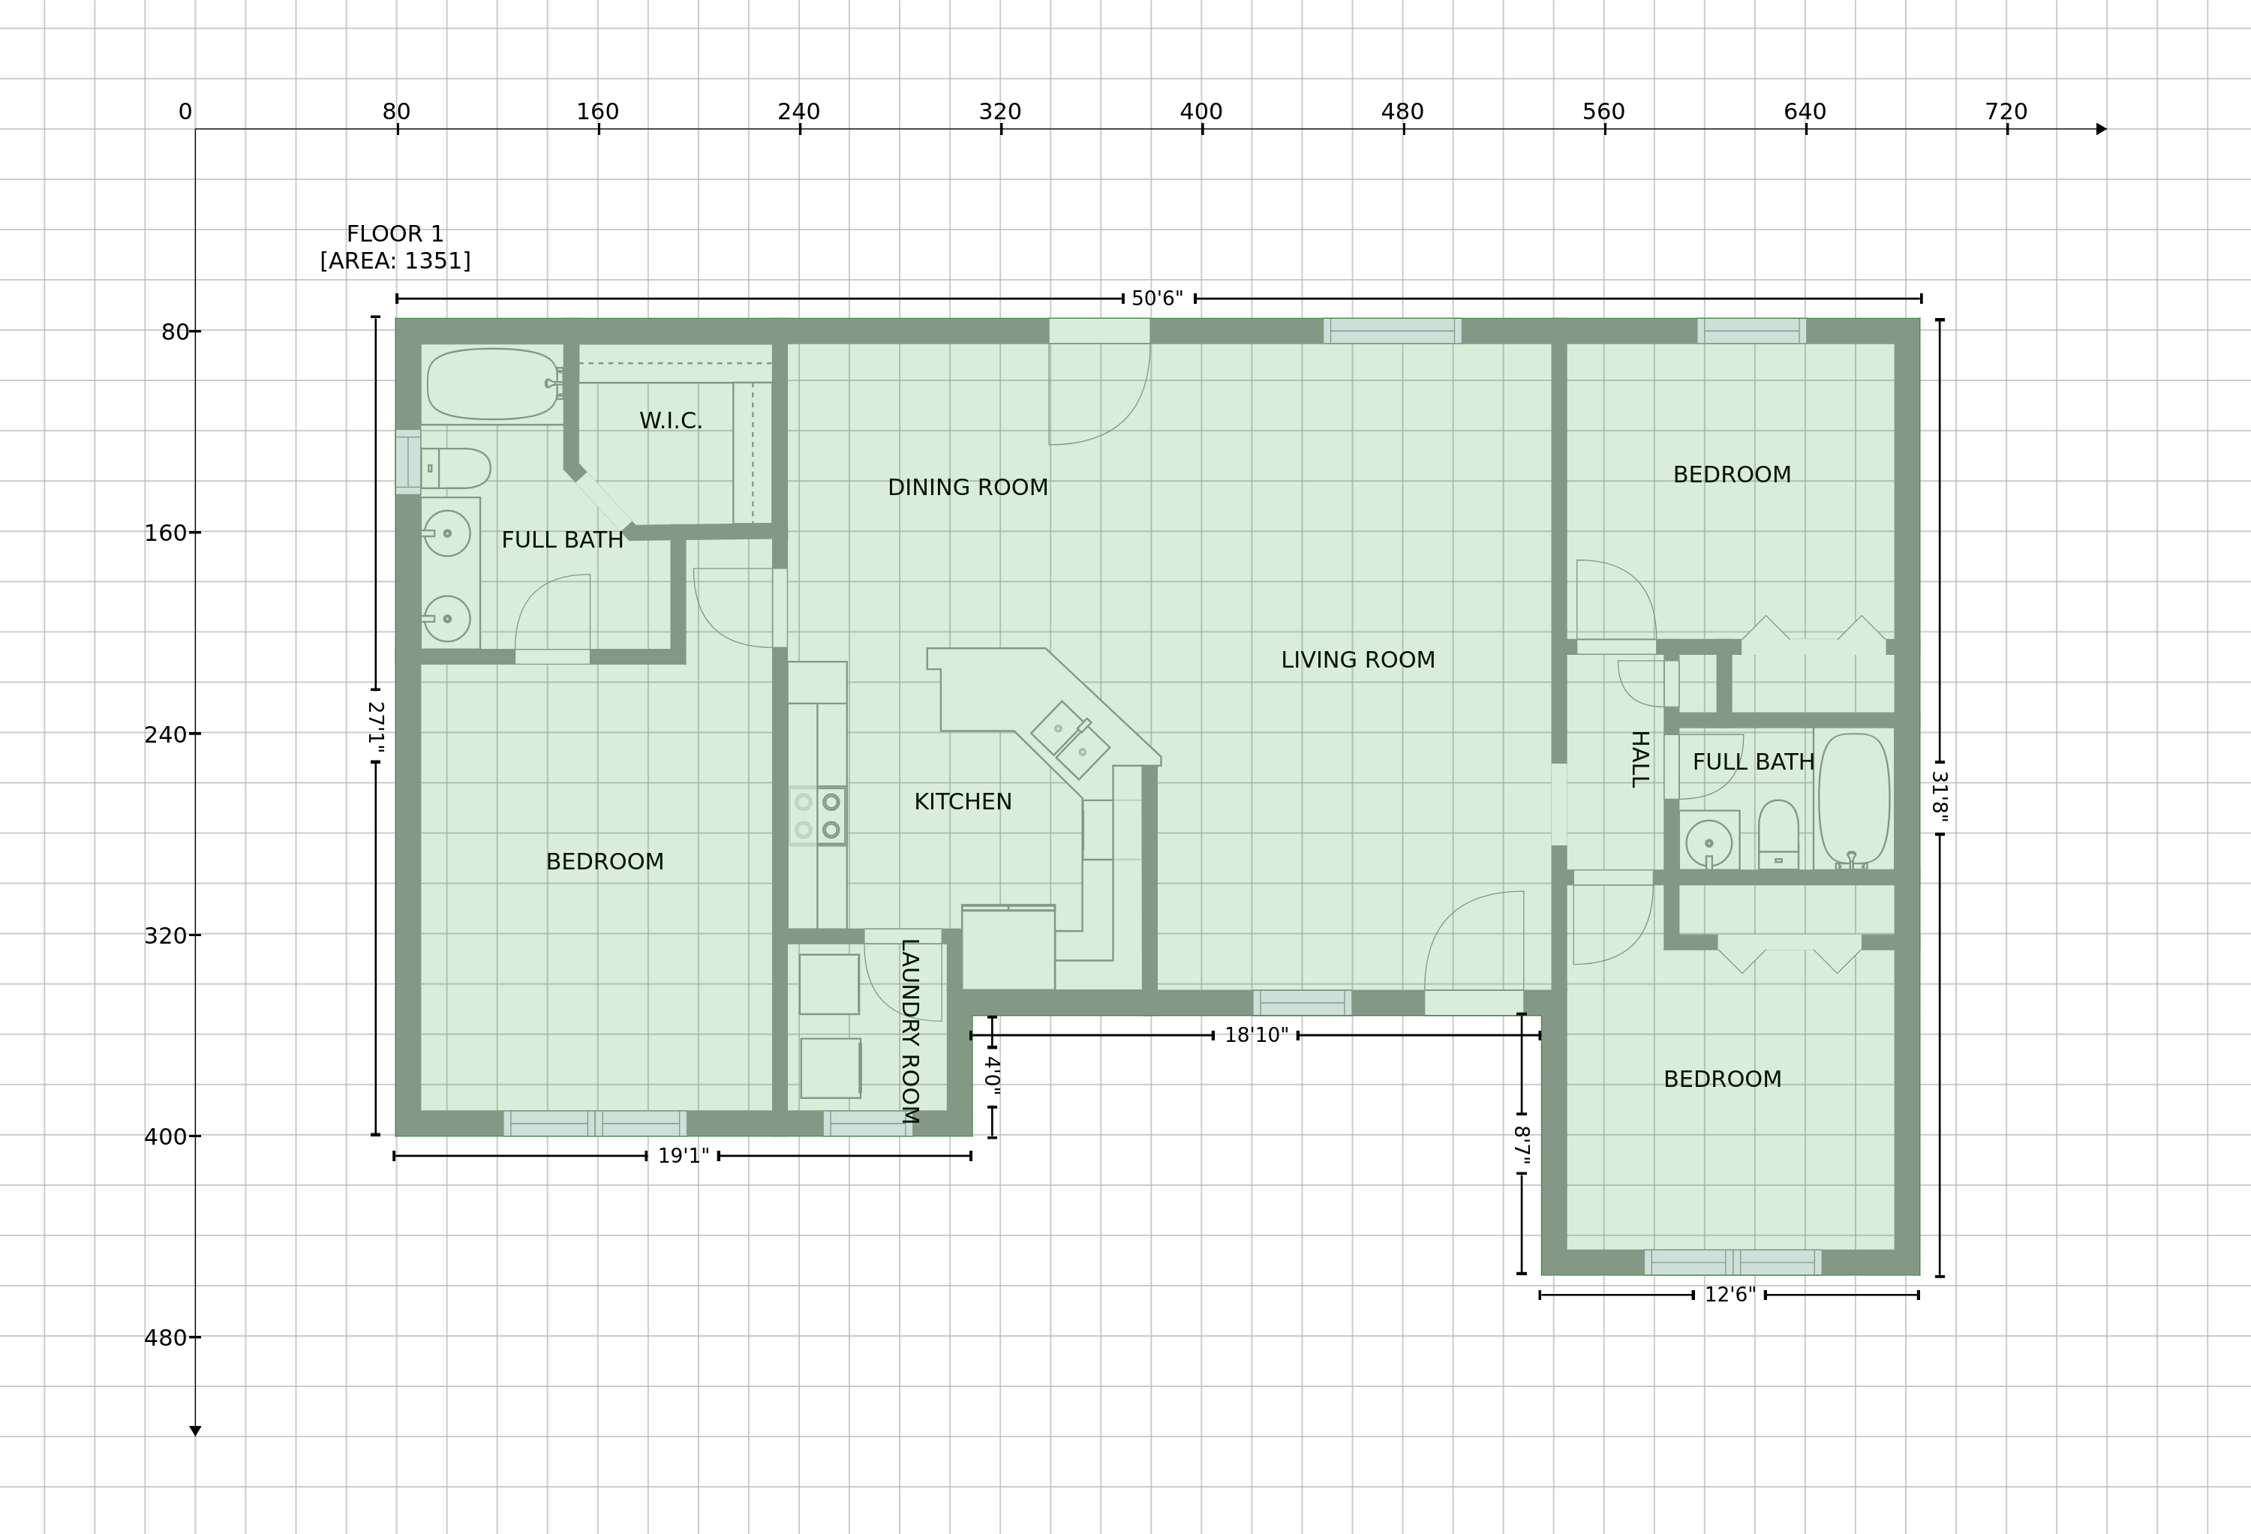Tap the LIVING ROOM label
pos(1358,660)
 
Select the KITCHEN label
pos(963,802)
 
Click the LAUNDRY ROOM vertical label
pos(909,1031)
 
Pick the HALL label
pos(1639,759)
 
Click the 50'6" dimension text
pos(1158,299)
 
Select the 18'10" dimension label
pos(1256,1035)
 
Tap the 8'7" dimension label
pos(1522,1145)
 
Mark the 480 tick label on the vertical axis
pos(166,1338)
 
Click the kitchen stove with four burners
pos(818,815)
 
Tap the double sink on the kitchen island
pos(1070,739)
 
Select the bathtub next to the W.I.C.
pos(493,383)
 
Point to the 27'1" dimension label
pos(376,726)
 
